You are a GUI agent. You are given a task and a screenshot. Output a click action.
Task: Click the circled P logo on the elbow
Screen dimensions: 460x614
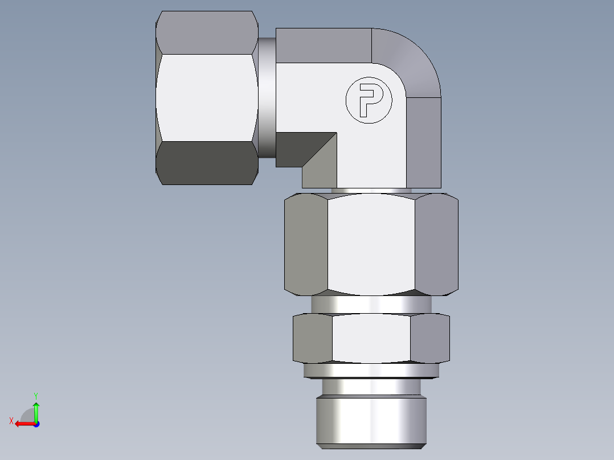point(369,101)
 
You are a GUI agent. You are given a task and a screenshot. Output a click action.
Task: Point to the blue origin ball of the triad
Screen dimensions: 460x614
point(36,424)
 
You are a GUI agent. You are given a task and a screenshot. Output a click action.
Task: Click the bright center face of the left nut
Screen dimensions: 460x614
point(206,97)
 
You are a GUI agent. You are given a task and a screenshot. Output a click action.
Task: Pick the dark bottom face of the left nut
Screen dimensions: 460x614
point(206,163)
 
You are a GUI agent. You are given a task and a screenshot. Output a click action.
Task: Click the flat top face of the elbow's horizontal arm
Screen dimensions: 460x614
point(324,46)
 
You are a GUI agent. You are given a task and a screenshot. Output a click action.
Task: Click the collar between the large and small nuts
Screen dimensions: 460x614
point(371,304)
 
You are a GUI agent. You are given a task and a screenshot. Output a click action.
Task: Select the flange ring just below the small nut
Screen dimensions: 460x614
point(371,371)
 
